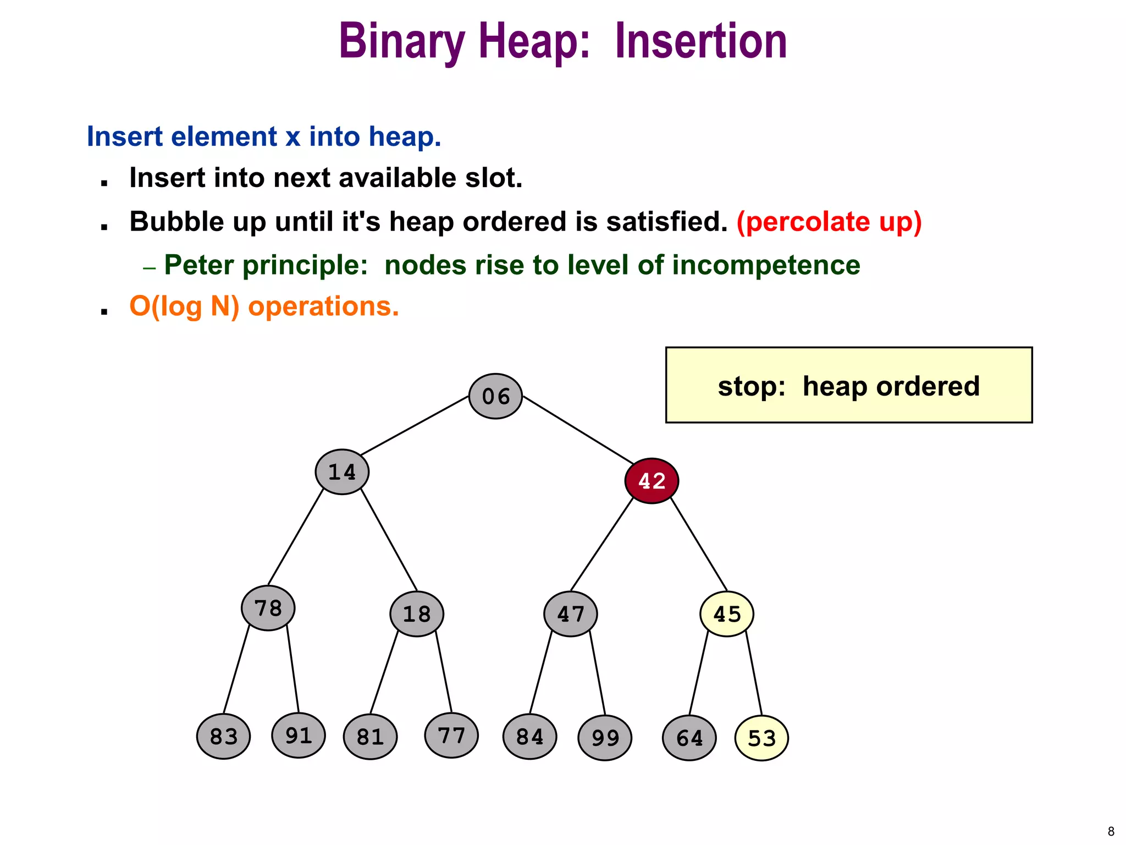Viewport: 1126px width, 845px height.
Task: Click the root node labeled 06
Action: pos(495,396)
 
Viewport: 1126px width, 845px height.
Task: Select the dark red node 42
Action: pos(652,481)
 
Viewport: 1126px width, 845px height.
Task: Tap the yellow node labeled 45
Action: pos(726,614)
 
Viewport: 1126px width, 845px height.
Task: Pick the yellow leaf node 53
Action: pos(761,738)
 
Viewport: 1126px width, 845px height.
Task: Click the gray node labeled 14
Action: pos(342,472)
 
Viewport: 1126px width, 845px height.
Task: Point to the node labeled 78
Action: pos(268,608)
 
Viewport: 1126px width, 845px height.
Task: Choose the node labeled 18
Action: pos(417,614)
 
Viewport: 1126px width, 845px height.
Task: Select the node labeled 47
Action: pos(571,614)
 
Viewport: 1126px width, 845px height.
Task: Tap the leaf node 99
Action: pos(605,738)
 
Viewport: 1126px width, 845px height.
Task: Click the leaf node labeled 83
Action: pos(224,737)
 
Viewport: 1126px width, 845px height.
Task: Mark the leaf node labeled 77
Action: pos(451,736)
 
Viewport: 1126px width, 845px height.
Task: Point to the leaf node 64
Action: pos(689,738)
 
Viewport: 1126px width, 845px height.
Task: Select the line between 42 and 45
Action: pos(699,544)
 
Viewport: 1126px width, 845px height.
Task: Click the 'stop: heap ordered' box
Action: pos(848,385)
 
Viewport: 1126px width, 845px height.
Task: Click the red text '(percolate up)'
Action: pos(829,222)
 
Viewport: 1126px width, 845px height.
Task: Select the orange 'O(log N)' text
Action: pos(184,306)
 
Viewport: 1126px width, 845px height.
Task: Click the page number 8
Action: pos(1111,831)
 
